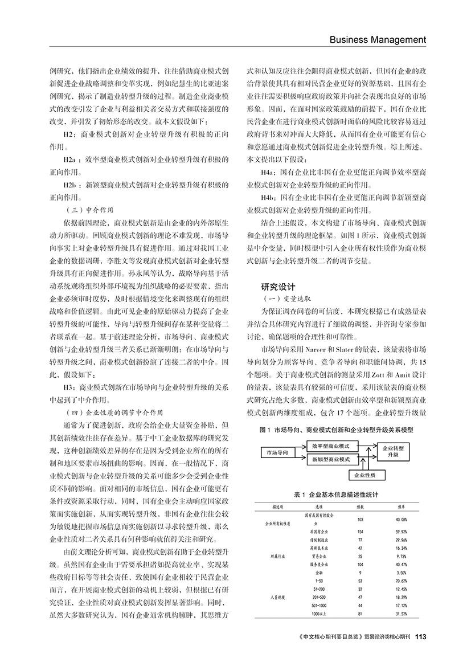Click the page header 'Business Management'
coord(378,39)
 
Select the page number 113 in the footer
coord(421,636)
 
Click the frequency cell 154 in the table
coord(360,530)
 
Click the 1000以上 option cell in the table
coord(319,614)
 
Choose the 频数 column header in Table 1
coord(360,506)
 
